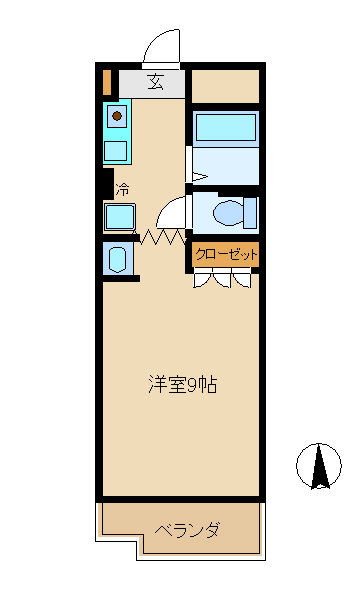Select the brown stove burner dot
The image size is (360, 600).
pyautogui.click(x=117, y=117)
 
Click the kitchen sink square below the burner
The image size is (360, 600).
pyautogui.click(x=117, y=151)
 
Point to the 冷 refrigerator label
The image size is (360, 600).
pyautogui.click(x=122, y=188)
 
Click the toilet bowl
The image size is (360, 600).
pyautogui.click(x=229, y=213)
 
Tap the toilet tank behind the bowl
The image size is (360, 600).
pyautogui.click(x=250, y=213)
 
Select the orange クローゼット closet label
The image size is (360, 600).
pyautogui.click(x=226, y=255)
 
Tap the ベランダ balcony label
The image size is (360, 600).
pyautogui.click(x=187, y=529)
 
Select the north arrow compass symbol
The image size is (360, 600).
pyautogui.click(x=320, y=465)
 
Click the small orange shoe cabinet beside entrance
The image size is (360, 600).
pyautogui.click(x=106, y=81)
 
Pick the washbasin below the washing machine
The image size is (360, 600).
pyautogui.click(x=116, y=260)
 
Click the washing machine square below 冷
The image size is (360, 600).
pyautogui.click(x=120, y=216)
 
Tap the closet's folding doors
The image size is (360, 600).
pyautogui.click(x=226, y=279)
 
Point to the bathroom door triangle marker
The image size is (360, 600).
pyautogui.click(x=198, y=178)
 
